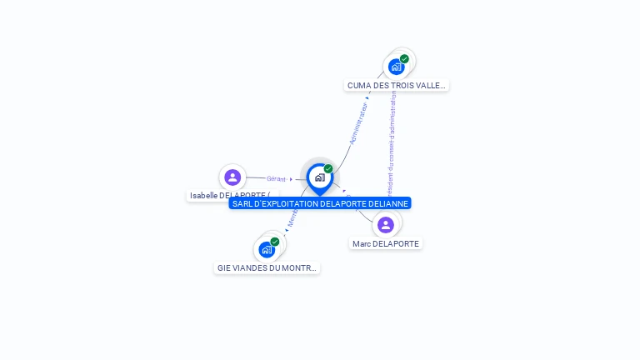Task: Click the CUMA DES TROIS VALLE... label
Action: tap(397, 85)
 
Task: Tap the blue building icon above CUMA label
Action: tap(396, 67)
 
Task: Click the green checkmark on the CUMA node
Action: tap(404, 59)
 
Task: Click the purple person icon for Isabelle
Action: tap(232, 177)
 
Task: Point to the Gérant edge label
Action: tap(277, 179)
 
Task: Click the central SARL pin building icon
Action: tap(319, 177)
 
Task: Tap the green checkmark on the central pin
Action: tap(328, 169)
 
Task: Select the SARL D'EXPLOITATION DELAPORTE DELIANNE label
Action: tap(320, 203)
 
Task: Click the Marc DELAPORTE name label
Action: tap(386, 243)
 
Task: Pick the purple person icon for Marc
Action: tap(386, 224)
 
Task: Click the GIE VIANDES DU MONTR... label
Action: tap(267, 267)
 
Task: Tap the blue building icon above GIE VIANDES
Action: tap(267, 249)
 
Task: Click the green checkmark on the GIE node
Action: tap(275, 242)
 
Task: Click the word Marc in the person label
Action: tap(362, 243)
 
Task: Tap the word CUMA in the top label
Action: tap(358, 85)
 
